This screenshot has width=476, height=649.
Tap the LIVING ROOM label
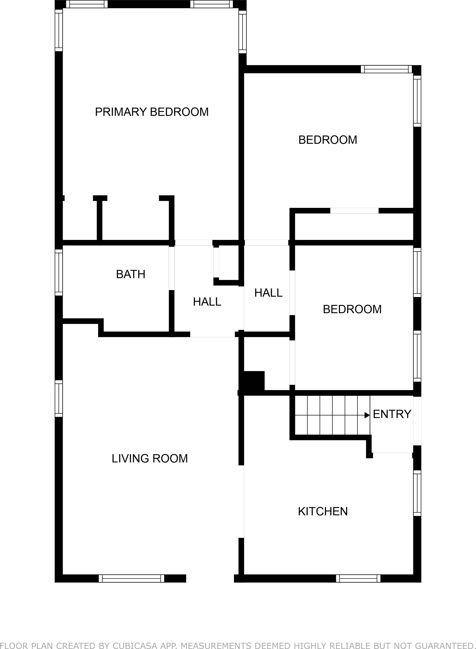149,458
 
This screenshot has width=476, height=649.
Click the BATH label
130,274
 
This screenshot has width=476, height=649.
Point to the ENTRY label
392,414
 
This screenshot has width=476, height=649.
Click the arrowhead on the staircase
367,415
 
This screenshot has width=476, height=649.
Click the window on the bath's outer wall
59,272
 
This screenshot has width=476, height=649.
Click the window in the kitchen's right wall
417,493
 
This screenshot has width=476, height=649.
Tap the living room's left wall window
59,399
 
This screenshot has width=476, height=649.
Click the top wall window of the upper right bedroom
386,69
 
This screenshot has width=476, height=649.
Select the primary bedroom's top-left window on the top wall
87,4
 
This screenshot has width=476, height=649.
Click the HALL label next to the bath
207,302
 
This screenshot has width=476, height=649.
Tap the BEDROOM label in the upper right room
328,140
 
